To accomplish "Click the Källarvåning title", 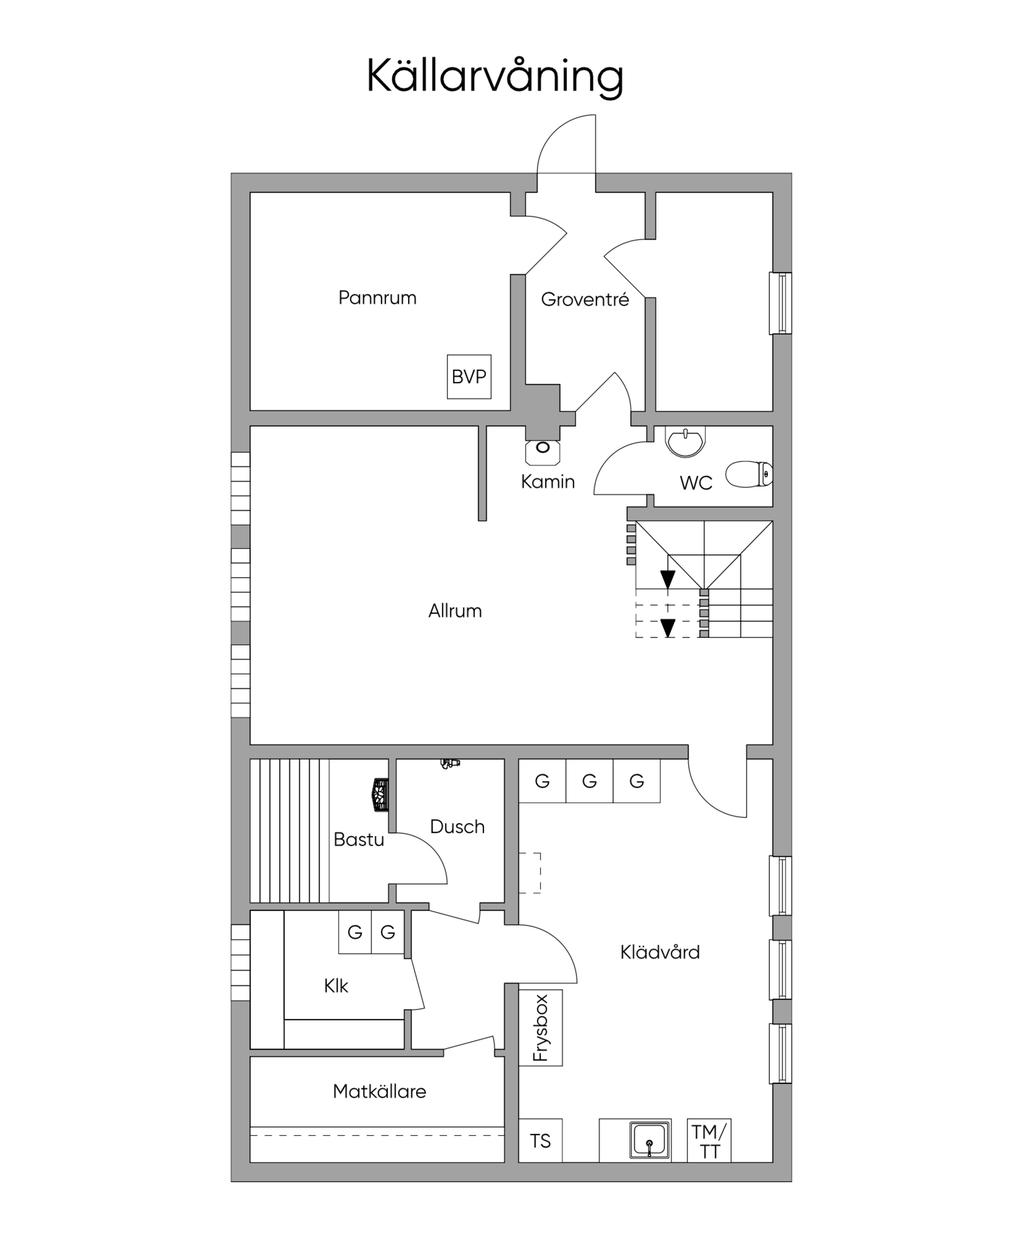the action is [x=495, y=77].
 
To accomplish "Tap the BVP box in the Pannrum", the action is [x=469, y=376].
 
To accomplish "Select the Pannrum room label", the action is [x=377, y=297].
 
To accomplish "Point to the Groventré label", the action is [x=584, y=299].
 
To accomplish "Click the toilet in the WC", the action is [x=749, y=474].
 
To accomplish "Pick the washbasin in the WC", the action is [x=686, y=442].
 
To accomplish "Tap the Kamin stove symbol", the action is [x=542, y=452].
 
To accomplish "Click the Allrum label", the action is [x=455, y=611].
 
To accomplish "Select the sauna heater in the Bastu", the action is [x=380, y=794].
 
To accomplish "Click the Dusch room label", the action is [x=457, y=827].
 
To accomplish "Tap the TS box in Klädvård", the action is [x=540, y=1140].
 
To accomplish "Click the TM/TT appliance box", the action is [x=710, y=1140].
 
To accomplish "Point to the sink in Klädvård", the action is [x=650, y=1140].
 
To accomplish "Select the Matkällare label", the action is [x=379, y=1091].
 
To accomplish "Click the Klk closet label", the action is [x=336, y=986].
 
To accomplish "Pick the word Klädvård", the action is [x=660, y=952].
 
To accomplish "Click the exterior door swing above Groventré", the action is [x=565, y=144].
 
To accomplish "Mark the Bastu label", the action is [x=358, y=840].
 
